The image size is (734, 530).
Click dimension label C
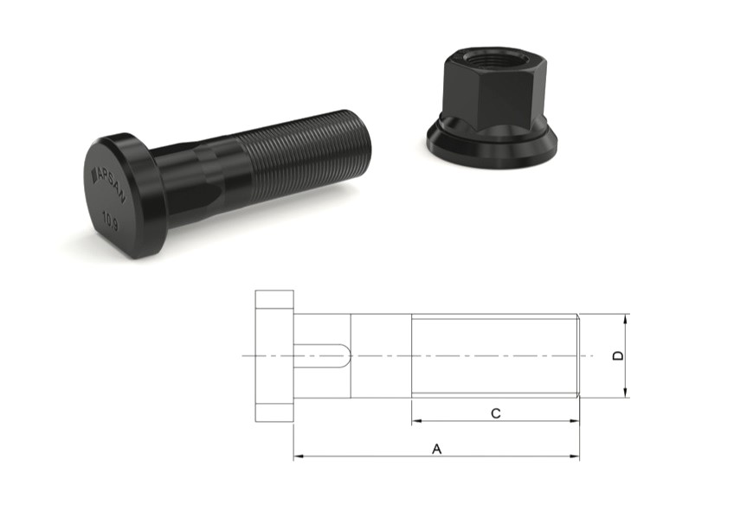[495, 413]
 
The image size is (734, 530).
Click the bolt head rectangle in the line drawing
[274, 356]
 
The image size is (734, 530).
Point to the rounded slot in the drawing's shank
[325, 356]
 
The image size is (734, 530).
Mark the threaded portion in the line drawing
[494, 355]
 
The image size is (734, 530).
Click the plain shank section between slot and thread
[381, 356]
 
